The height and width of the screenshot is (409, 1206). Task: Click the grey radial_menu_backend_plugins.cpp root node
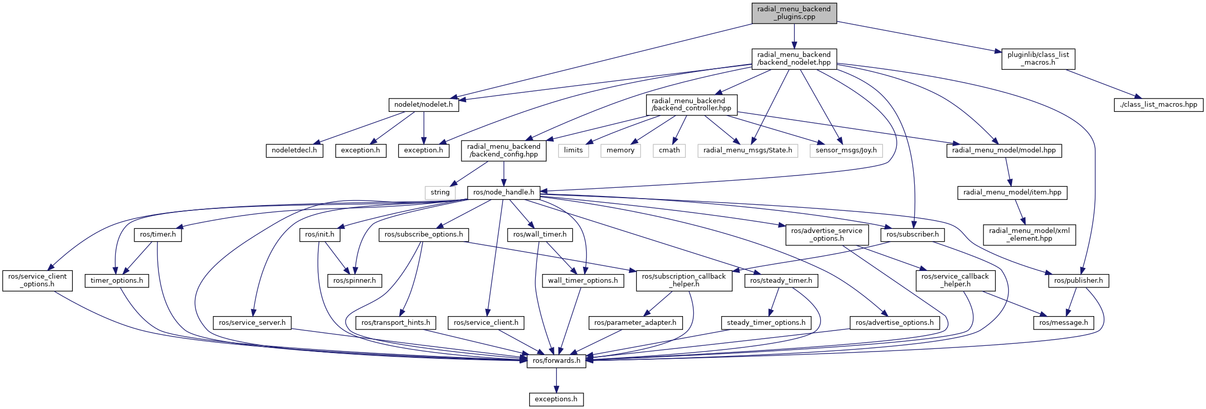click(x=794, y=13)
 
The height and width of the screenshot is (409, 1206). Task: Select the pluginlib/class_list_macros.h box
click(x=1038, y=59)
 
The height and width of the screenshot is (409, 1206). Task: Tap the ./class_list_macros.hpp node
click(x=1158, y=105)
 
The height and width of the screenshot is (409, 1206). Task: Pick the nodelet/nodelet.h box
click(x=423, y=105)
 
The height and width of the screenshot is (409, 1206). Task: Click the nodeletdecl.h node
click(x=294, y=150)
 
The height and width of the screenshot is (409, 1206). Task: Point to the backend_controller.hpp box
click(x=691, y=105)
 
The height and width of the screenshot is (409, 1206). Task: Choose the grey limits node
click(x=573, y=150)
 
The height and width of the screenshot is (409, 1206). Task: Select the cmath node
click(x=669, y=150)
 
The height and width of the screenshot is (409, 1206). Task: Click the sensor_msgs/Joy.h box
click(x=846, y=150)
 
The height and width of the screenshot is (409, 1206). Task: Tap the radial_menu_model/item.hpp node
click(x=1012, y=192)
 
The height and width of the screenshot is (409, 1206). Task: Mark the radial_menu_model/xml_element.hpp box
click(x=1029, y=235)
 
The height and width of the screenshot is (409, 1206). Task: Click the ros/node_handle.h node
click(x=503, y=192)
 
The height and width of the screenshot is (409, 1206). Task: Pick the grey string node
click(x=440, y=192)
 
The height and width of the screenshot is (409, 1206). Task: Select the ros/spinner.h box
click(x=354, y=281)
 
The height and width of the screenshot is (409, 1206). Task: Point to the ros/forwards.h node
click(x=556, y=361)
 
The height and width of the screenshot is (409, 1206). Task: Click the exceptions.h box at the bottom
click(x=556, y=399)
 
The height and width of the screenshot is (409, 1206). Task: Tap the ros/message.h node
click(x=1063, y=323)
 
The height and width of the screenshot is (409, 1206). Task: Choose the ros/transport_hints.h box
click(x=395, y=323)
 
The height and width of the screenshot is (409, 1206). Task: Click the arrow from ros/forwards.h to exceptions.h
click(x=556, y=380)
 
